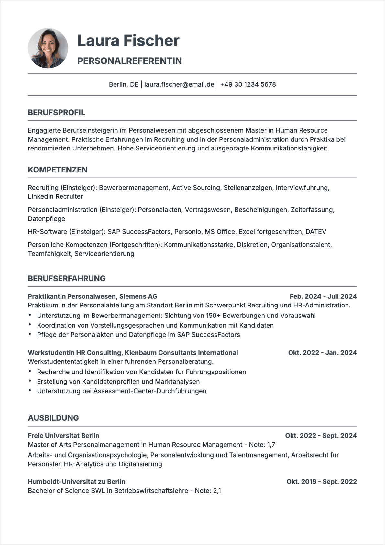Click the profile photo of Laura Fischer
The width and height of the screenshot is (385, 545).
(x=48, y=48)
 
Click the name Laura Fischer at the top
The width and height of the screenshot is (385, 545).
(x=128, y=41)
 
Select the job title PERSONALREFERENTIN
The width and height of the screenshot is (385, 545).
(x=129, y=61)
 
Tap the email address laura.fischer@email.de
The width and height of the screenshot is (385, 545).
(x=179, y=84)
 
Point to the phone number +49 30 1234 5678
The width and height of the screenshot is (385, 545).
(x=248, y=84)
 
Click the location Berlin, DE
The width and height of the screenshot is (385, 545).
(x=124, y=84)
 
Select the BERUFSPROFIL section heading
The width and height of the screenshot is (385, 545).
(x=57, y=113)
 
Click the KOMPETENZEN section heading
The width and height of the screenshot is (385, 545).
(x=58, y=170)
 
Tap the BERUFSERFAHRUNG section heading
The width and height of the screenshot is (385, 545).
(x=67, y=279)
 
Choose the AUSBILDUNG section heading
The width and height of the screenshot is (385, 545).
(x=53, y=418)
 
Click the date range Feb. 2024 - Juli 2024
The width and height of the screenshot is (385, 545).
(x=323, y=296)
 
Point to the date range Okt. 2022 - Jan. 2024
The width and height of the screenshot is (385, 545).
(x=322, y=353)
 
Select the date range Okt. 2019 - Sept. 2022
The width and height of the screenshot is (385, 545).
(x=322, y=482)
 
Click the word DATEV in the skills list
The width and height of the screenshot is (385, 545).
(x=316, y=232)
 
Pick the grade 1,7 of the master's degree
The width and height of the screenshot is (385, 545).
(x=271, y=445)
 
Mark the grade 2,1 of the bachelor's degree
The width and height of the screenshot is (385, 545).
(x=217, y=491)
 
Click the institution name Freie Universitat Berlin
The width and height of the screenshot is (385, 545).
(x=63, y=436)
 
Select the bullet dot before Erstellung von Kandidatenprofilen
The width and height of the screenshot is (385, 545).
(x=30, y=381)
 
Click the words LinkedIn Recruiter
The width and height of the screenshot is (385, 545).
(x=55, y=196)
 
